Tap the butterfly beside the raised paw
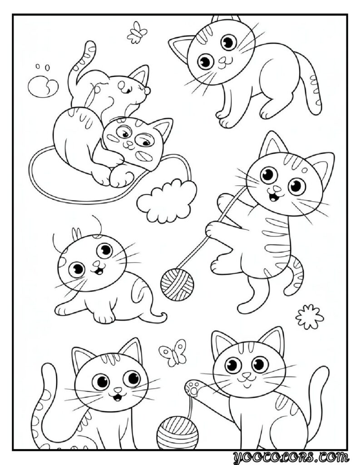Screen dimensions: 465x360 [x=173, y=351]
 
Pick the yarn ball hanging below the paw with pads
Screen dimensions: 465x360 [x=178, y=434]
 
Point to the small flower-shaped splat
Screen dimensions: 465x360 [x=310, y=317]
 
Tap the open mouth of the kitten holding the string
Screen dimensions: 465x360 [x=273, y=196]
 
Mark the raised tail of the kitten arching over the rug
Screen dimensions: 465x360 [x=81, y=64]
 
